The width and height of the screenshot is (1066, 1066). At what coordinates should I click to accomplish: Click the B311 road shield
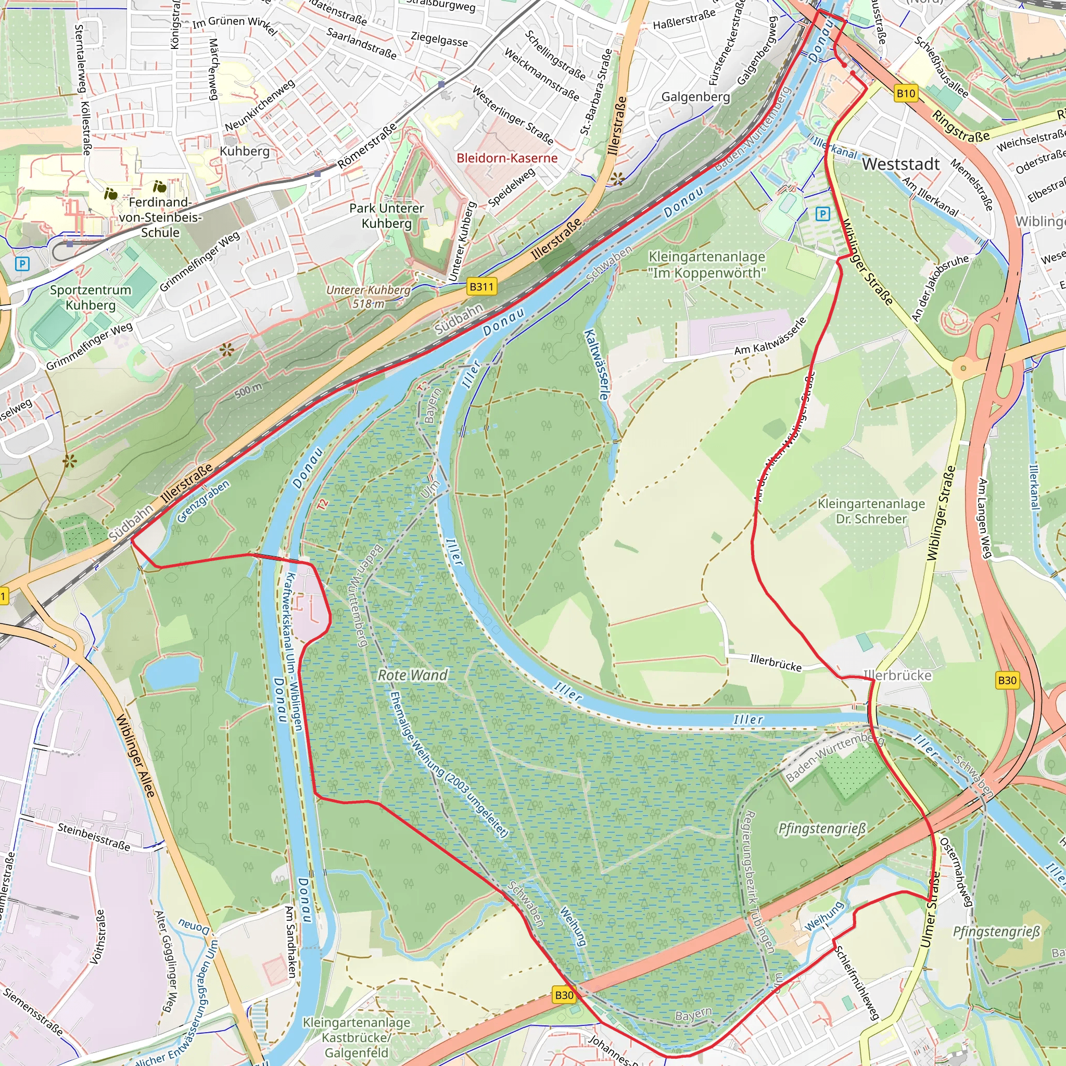(481, 286)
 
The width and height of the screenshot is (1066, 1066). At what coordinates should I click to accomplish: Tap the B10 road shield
(906, 93)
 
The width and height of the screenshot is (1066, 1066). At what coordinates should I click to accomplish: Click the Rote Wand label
(413, 675)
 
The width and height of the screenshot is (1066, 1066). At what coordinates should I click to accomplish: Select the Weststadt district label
(900, 164)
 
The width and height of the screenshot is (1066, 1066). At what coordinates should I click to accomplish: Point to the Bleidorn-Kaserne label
(506, 158)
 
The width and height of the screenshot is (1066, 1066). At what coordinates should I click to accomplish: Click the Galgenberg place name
(695, 97)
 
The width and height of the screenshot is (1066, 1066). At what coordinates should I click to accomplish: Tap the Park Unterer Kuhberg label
(386, 215)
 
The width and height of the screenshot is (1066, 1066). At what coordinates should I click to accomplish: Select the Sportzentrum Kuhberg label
(91, 297)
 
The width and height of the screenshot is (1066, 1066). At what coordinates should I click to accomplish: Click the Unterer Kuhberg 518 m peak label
(368, 297)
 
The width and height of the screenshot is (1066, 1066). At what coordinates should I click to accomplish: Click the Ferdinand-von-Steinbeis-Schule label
(160, 218)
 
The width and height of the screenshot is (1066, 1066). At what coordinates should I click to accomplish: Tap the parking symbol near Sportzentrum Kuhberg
(22, 264)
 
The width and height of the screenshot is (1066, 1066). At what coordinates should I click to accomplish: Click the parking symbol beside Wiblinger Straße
(822, 213)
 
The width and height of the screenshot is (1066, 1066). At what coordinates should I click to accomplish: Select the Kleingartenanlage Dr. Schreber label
(871, 511)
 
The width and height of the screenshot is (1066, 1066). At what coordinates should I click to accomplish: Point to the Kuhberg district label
(245, 151)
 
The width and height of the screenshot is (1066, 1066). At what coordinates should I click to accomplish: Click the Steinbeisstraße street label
(94, 836)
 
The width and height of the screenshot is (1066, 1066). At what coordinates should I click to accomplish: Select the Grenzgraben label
(203, 502)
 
